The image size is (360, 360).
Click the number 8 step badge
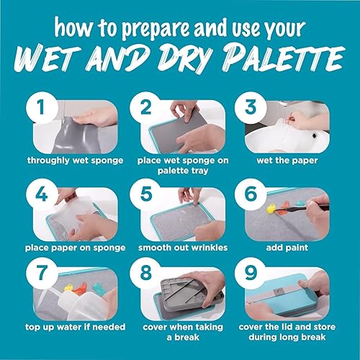tap(145, 283)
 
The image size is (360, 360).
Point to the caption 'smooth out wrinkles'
tap(179, 248)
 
